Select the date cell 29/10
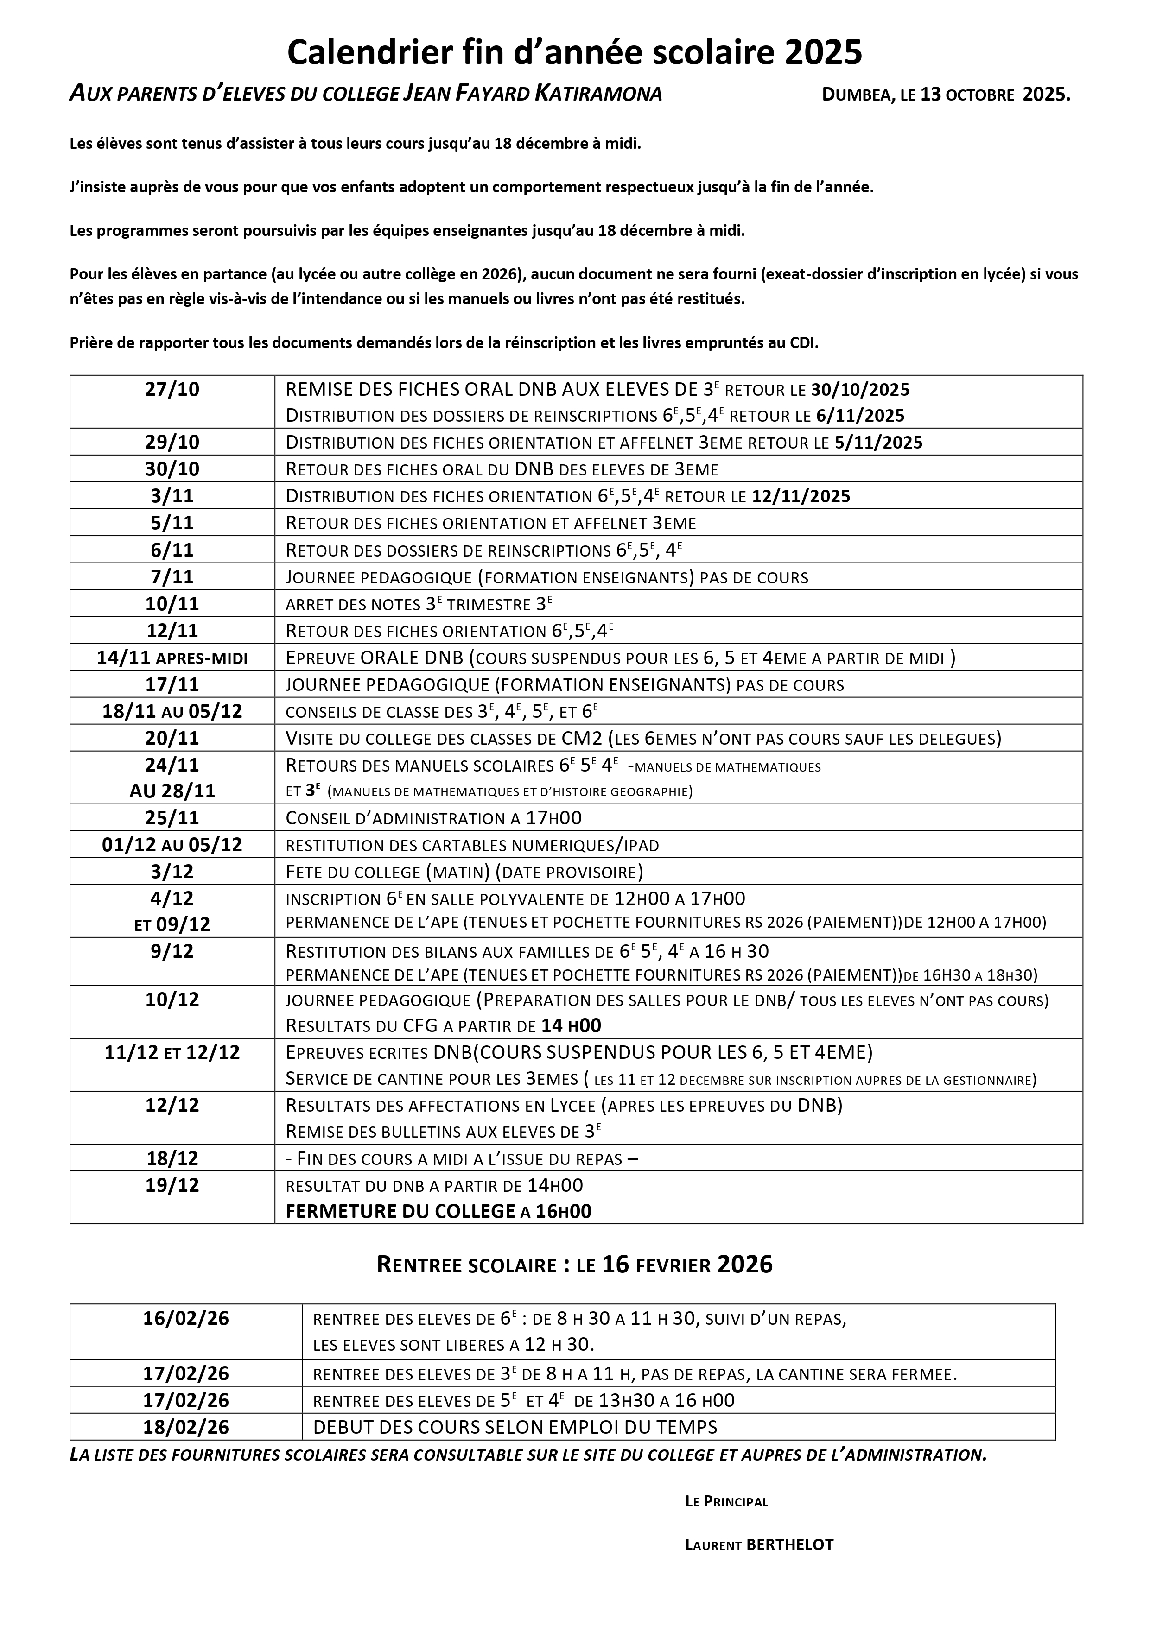[x=172, y=442]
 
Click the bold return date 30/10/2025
[x=860, y=390]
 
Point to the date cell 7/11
[x=172, y=576]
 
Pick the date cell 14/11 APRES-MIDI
[x=172, y=658]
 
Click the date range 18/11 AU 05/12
[x=172, y=711]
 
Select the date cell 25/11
[x=172, y=818]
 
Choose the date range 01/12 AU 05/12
[x=172, y=844]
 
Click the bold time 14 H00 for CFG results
[x=571, y=1025]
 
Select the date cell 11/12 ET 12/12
[x=172, y=1052]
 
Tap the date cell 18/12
[x=172, y=1158]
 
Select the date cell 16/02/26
[x=186, y=1319]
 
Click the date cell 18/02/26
[x=186, y=1427]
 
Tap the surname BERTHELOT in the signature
[x=790, y=1544]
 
